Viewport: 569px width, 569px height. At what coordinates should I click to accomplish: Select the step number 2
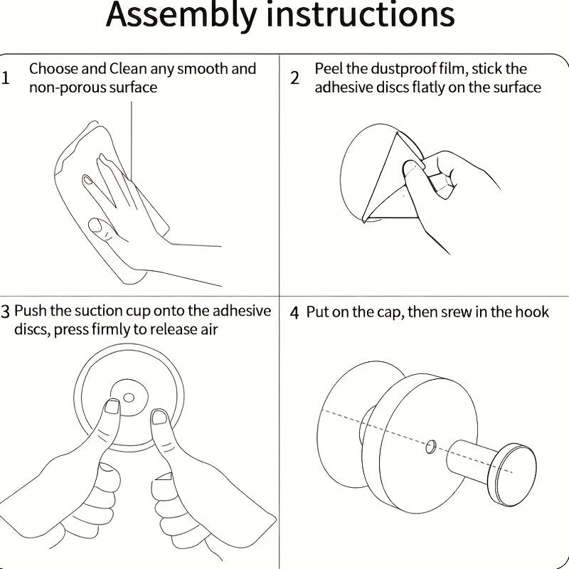tap(295, 78)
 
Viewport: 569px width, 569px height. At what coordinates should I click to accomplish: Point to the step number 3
tap(6, 312)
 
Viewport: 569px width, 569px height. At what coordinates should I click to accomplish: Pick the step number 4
tap(295, 312)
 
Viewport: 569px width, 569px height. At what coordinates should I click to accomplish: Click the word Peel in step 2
tap(329, 69)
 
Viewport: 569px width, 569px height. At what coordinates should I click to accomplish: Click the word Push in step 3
tap(31, 311)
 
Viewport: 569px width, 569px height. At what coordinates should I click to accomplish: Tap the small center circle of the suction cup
tap(129, 395)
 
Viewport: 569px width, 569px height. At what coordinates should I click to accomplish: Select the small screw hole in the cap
tap(430, 447)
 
